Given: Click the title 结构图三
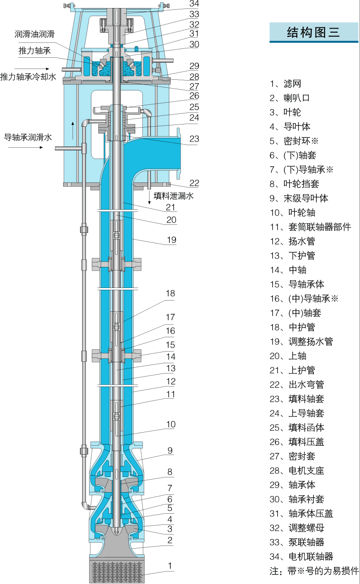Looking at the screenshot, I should tap(313, 32).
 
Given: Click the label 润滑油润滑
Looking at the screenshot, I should tap(34, 34).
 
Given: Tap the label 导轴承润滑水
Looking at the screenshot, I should tap(28, 137).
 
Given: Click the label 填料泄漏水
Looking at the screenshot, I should tap(174, 196).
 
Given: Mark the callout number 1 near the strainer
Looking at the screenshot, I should tap(170, 566).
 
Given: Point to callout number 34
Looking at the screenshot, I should tap(194, 4).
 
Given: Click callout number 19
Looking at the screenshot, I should tap(171, 240).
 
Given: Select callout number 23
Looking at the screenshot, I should tap(194, 139).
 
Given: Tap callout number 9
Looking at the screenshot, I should tap(170, 451).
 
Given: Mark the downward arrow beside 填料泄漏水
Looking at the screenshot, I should tap(150, 198).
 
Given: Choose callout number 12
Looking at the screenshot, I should tap(171, 382).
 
